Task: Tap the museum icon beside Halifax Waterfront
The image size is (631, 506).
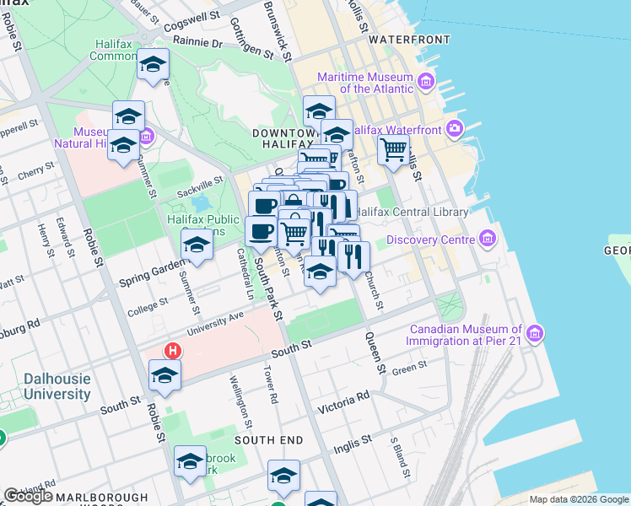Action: click(456, 129)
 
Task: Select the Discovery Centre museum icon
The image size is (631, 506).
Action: click(486, 240)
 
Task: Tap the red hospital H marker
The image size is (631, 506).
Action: click(173, 351)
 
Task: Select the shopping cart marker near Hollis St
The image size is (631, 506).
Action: click(393, 150)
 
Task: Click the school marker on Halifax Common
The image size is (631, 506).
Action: click(153, 65)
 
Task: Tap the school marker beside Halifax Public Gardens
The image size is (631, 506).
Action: click(197, 245)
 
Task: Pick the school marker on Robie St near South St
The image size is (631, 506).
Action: click(164, 376)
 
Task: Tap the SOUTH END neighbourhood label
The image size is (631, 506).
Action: click(268, 440)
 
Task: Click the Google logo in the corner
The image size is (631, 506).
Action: click(28, 496)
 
